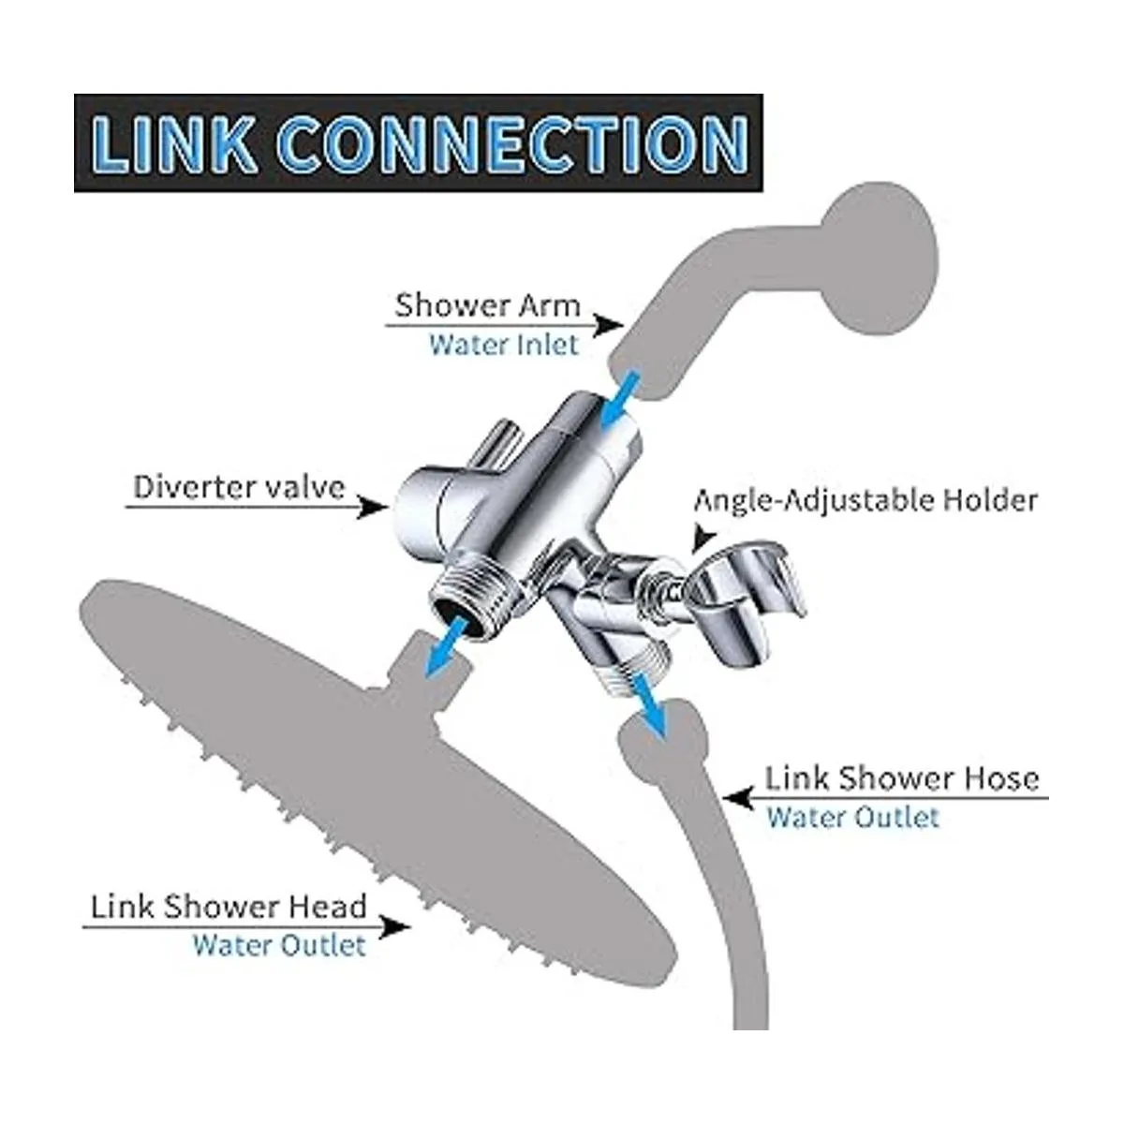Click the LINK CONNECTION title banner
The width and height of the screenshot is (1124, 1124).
418,143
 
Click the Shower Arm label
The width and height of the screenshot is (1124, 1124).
487,306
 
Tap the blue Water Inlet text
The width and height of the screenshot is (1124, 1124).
504,344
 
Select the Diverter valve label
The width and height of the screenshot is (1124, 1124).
239,487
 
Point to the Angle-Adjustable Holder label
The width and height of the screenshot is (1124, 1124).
865,499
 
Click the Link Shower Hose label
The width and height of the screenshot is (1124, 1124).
902,778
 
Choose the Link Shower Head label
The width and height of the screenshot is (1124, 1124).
228,907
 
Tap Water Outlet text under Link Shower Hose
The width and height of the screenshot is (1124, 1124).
852,817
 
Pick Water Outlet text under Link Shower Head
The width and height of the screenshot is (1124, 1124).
278,945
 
